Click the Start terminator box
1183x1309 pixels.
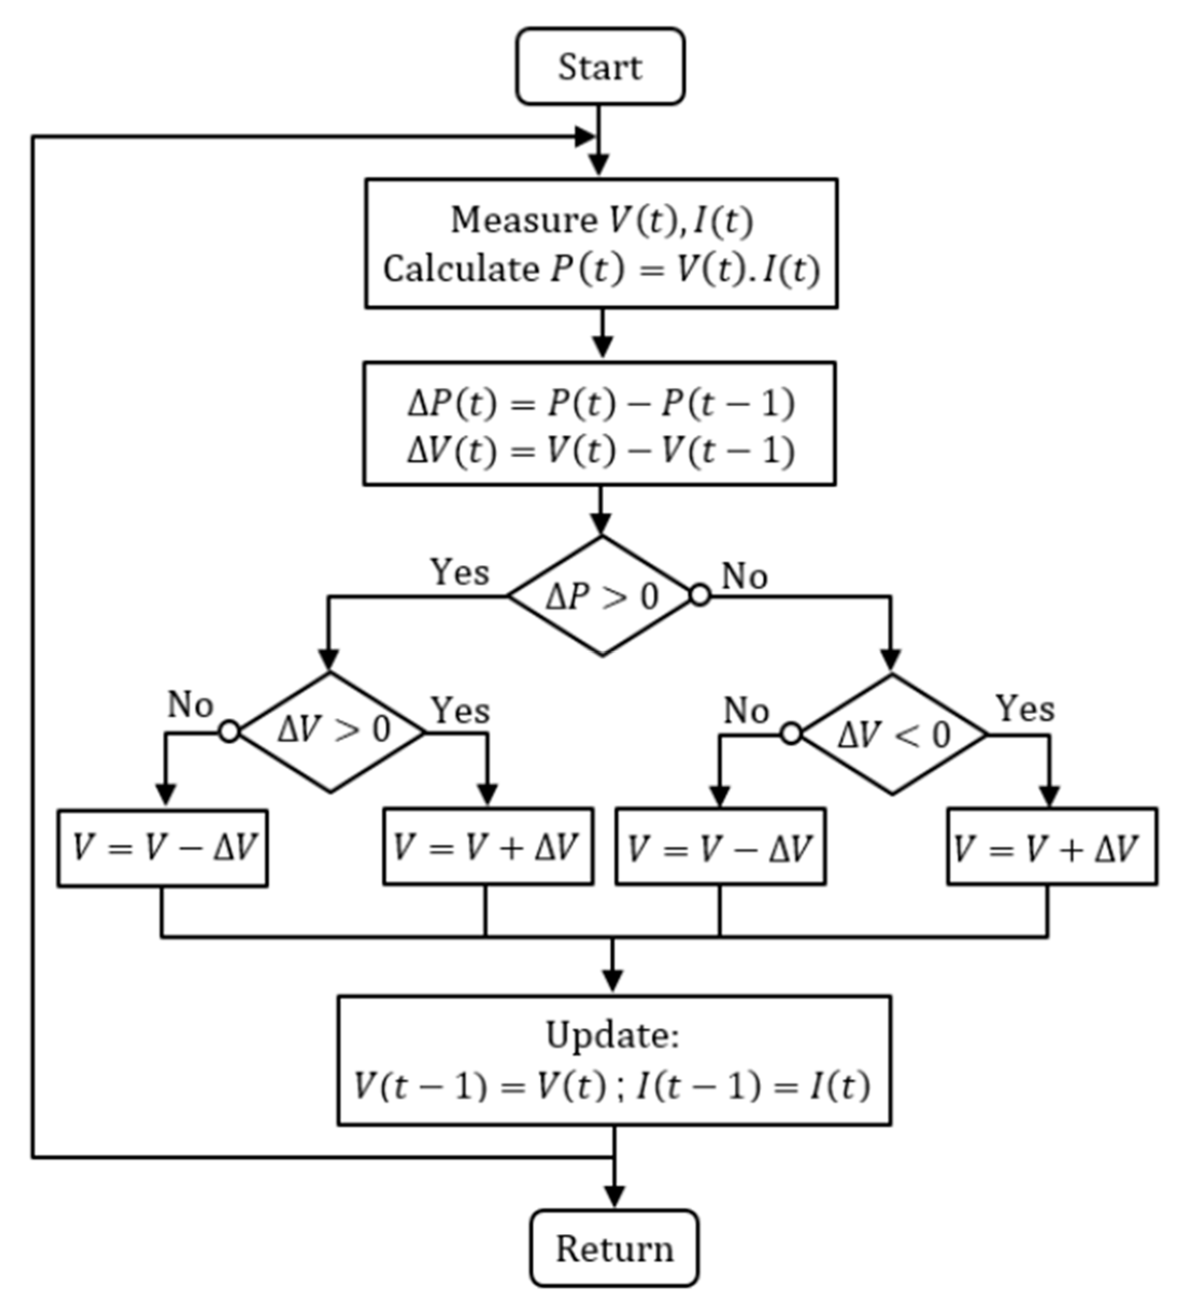pyautogui.click(x=600, y=66)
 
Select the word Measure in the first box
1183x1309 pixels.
pyautogui.click(x=524, y=220)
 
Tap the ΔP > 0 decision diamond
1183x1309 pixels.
pyautogui.click(x=602, y=596)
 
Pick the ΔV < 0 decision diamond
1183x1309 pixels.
pyautogui.click(x=894, y=734)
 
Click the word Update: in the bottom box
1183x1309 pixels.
pyautogui.click(x=612, y=1035)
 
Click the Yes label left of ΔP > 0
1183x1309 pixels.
pyautogui.click(x=459, y=572)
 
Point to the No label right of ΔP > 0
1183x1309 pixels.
pyautogui.click(x=744, y=576)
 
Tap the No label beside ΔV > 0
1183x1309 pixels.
pyautogui.click(x=190, y=704)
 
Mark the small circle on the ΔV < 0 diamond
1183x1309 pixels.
pyautogui.click(x=791, y=734)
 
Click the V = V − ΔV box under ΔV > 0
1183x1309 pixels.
pyautogui.click(x=162, y=847)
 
